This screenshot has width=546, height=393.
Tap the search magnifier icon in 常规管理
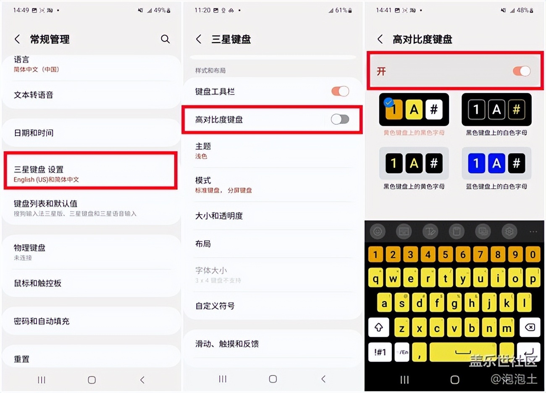click(165, 39)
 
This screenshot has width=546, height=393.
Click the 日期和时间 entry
click(34, 133)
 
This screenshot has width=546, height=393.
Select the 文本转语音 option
click(34, 95)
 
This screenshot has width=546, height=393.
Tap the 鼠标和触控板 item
click(38, 283)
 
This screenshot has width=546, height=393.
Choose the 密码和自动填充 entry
click(42, 321)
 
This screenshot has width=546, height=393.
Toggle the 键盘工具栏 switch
click(340, 91)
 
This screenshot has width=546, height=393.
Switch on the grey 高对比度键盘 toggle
click(340, 119)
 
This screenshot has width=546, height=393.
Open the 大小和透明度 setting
click(219, 216)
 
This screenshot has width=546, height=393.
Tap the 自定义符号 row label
click(215, 306)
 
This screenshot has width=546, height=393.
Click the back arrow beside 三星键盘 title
click(199, 39)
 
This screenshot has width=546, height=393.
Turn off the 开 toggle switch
click(521, 71)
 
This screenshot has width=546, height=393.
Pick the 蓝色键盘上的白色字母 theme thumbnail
click(496, 163)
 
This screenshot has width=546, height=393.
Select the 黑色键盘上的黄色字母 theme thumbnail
click(414, 163)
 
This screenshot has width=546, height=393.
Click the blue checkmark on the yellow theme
click(389, 102)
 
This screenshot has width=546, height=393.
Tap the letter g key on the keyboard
click(454, 303)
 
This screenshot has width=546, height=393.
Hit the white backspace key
click(530, 327)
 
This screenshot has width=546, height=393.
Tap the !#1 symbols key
click(380, 352)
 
